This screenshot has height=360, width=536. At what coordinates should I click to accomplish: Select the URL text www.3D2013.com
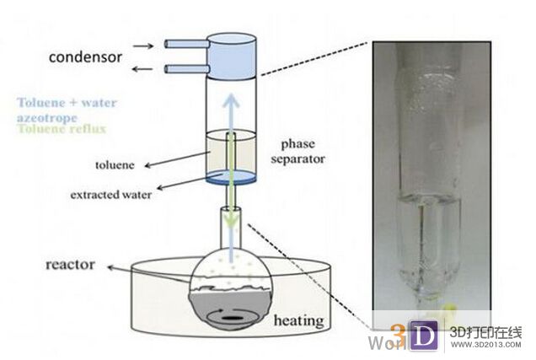[485, 345]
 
